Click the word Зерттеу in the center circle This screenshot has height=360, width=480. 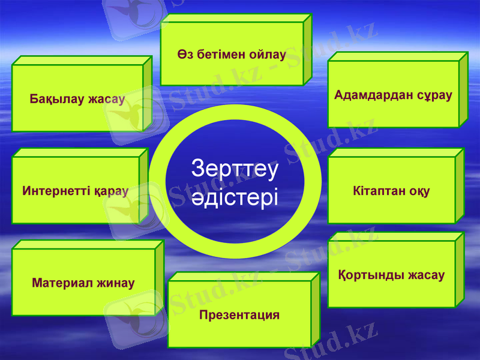(x=235, y=169)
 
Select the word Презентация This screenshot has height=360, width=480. (x=239, y=315)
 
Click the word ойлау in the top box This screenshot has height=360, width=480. (x=268, y=55)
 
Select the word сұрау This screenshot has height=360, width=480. (x=433, y=95)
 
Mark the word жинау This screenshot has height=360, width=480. (x=115, y=283)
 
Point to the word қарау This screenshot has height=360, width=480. (x=111, y=191)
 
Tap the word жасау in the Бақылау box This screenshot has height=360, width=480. (x=106, y=100)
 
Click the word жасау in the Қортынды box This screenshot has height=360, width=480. (x=426, y=275)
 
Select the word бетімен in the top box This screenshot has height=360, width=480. (x=219, y=55)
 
